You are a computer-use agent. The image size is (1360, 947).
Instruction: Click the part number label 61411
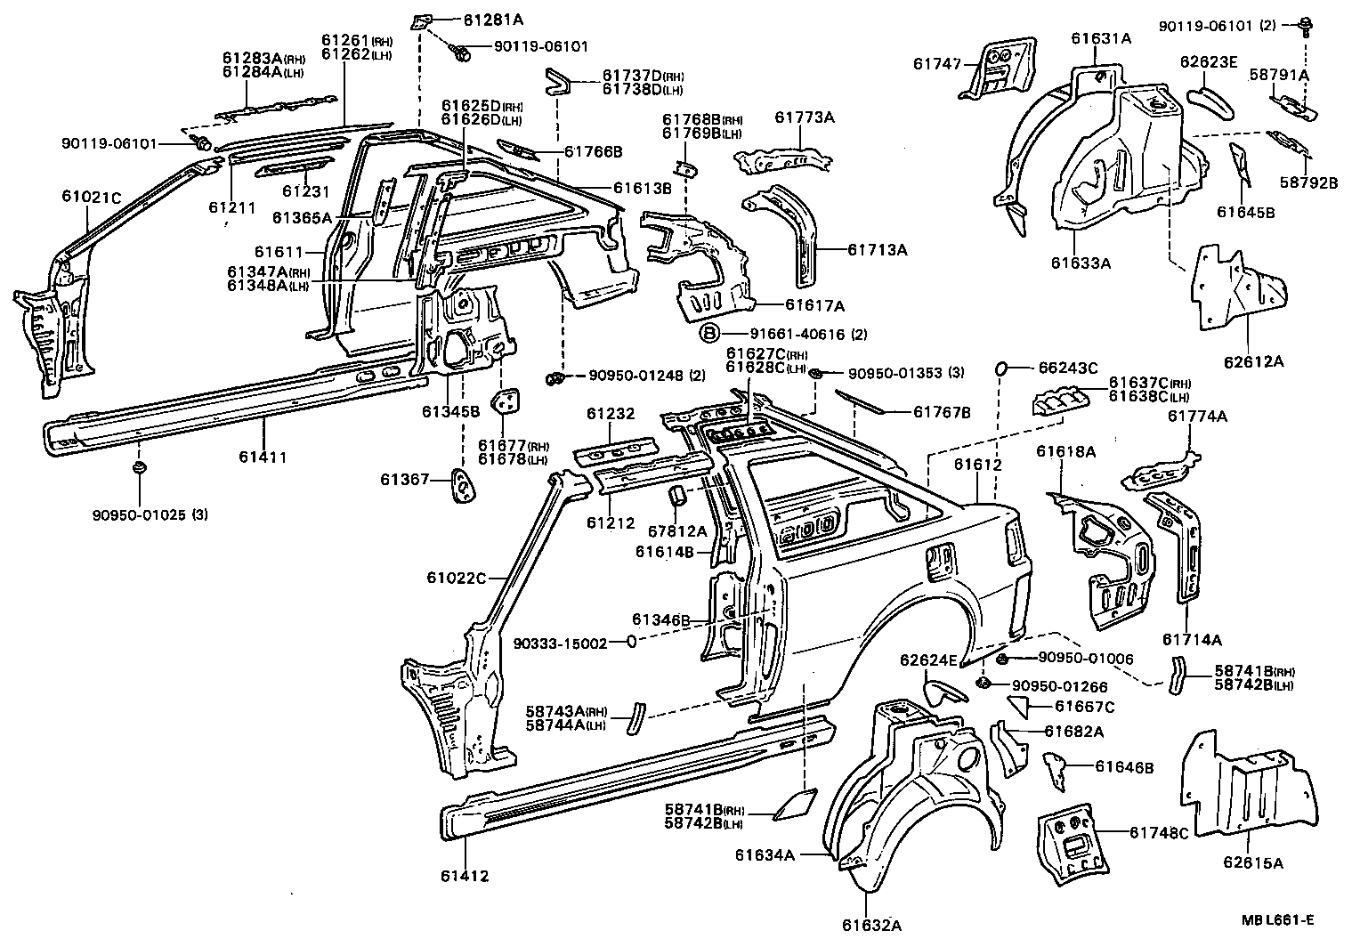coord(263,457)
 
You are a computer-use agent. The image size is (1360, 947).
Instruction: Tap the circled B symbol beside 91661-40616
coord(709,334)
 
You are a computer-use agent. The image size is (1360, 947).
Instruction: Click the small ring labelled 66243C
coord(1000,367)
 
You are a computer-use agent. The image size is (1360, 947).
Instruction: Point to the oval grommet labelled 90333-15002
coord(630,642)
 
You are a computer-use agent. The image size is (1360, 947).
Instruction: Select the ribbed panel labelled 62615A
coord(1246,783)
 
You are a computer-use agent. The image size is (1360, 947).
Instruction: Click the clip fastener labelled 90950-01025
coord(139,469)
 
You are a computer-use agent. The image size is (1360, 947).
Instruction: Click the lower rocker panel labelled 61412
coord(623,774)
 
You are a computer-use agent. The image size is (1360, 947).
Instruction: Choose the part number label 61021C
coord(91,196)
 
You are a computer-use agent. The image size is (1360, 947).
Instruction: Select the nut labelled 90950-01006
coord(1001,659)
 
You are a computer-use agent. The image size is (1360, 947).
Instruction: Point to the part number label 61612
coord(978,465)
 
